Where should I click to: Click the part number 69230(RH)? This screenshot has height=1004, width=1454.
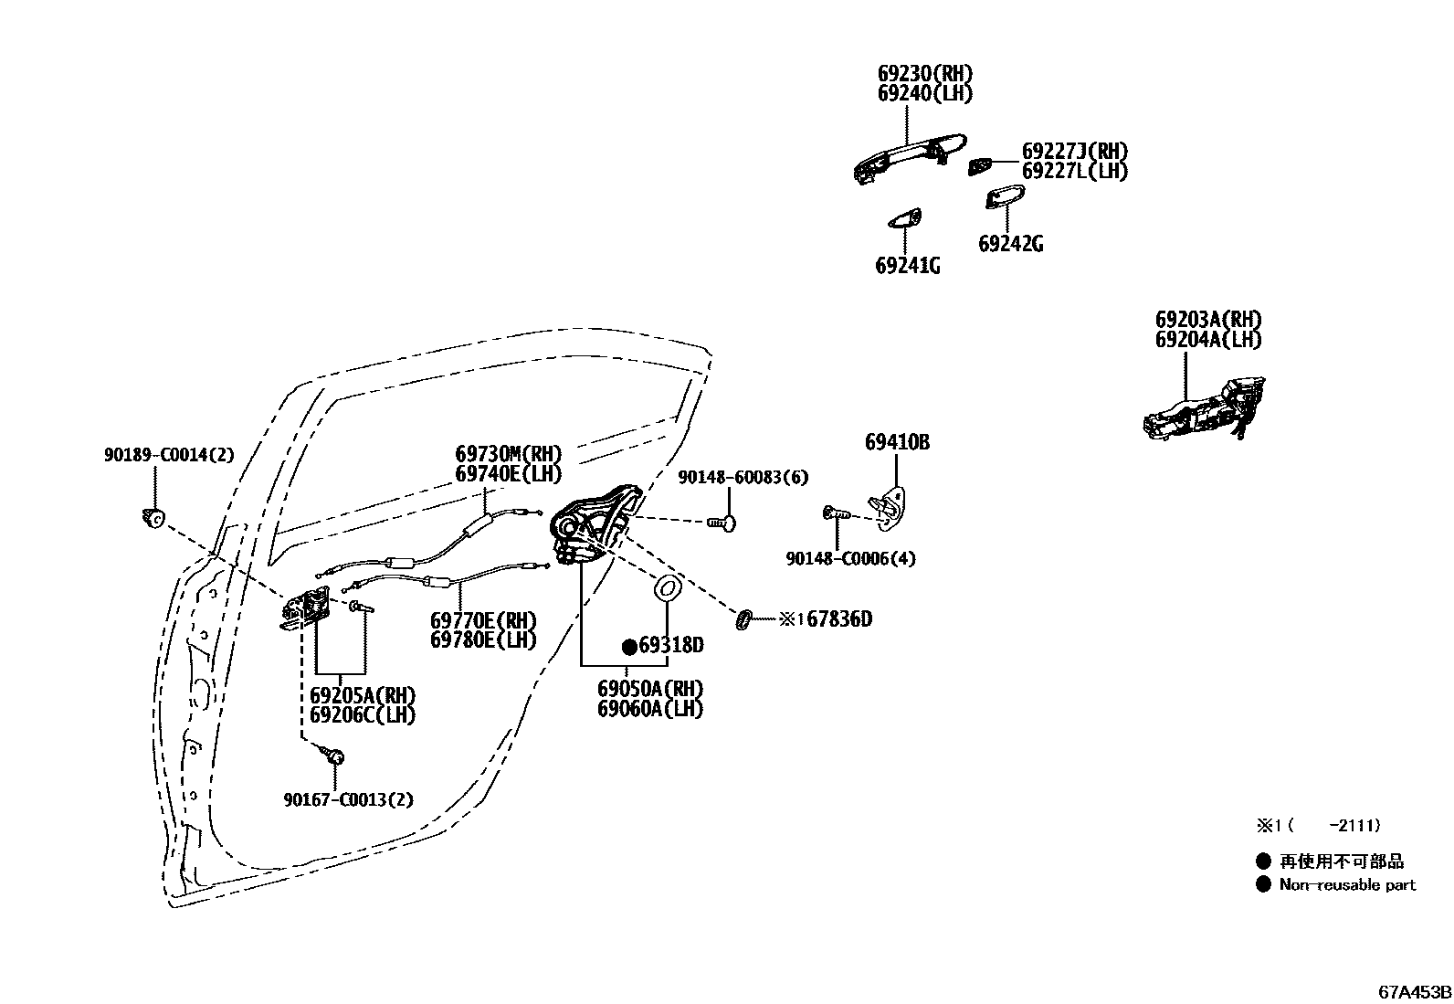tap(925, 74)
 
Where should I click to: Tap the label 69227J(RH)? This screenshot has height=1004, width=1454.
tap(1074, 152)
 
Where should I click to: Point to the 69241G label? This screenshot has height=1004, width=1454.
tap(907, 266)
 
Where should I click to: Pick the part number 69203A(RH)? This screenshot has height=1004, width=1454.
tap(1207, 320)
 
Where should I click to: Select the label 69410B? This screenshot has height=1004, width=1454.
tap(897, 442)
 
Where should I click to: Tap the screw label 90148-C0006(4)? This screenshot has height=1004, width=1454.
tap(850, 558)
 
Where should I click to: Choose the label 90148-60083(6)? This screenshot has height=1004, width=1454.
tap(742, 478)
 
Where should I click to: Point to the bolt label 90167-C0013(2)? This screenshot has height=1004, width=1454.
tap(348, 800)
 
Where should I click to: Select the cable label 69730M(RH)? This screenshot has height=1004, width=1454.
tap(508, 454)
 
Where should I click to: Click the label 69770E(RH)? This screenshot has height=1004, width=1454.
tap(483, 621)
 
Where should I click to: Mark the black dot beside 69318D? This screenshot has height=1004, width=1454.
tap(628, 647)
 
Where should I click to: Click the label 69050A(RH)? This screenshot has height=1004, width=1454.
tap(650, 689)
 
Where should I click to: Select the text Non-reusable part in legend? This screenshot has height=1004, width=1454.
tap(1347, 884)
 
